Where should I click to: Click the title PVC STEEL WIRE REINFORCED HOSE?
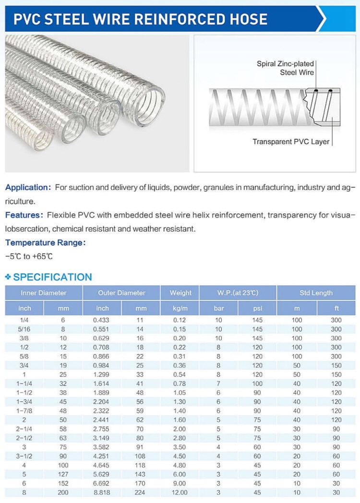(x=140, y=19)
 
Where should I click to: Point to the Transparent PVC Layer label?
(x=291, y=142)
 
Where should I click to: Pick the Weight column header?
(x=180, y=293)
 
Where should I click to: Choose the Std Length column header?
(x=316, y=293)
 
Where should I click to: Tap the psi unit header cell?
(x=257, y=308)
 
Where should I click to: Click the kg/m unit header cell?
(x=180, y=308)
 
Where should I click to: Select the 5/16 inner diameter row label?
(x=24, y=329)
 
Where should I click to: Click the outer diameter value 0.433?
(x=102, y=320)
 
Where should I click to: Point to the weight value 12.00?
(x=180, y=492)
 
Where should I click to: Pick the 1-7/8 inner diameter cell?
(x=24, y=411)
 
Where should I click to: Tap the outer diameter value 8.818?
(x=102, y=492)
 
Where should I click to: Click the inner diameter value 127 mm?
(x=63, y=474)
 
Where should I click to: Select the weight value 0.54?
(x=180, y=374)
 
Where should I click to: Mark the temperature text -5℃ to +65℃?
(x=29, y=256)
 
